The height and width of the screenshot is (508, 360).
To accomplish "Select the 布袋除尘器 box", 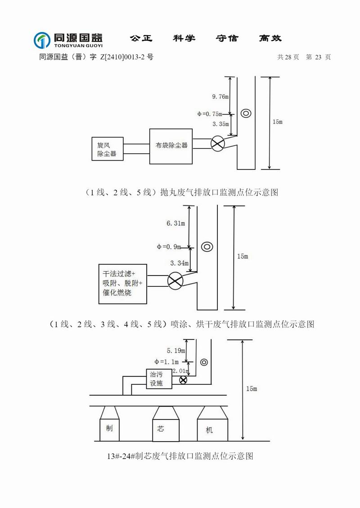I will pos(171,146).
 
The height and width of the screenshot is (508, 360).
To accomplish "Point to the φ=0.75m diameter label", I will pos(213,114).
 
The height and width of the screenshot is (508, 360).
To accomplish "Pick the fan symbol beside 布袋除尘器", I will pos(218,143).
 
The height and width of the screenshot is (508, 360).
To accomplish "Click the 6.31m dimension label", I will pos(175,223).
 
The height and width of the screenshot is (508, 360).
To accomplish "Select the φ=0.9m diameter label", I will pos(169,246).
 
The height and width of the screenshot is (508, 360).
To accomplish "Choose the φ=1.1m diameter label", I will pos(166,361).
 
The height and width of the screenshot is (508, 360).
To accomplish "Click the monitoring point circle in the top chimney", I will pos(246,113).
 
